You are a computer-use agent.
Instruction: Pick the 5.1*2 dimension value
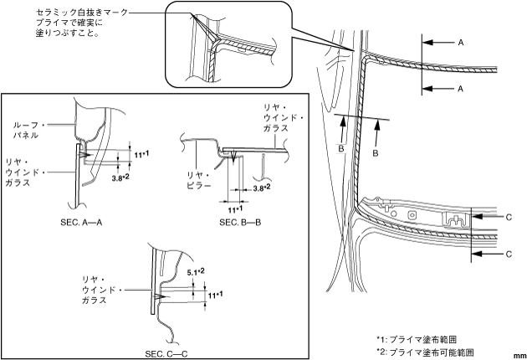(x=195, y=271)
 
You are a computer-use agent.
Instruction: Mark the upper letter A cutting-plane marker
(x=462, y=40)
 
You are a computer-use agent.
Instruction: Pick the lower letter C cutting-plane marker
(x=509, y=252)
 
